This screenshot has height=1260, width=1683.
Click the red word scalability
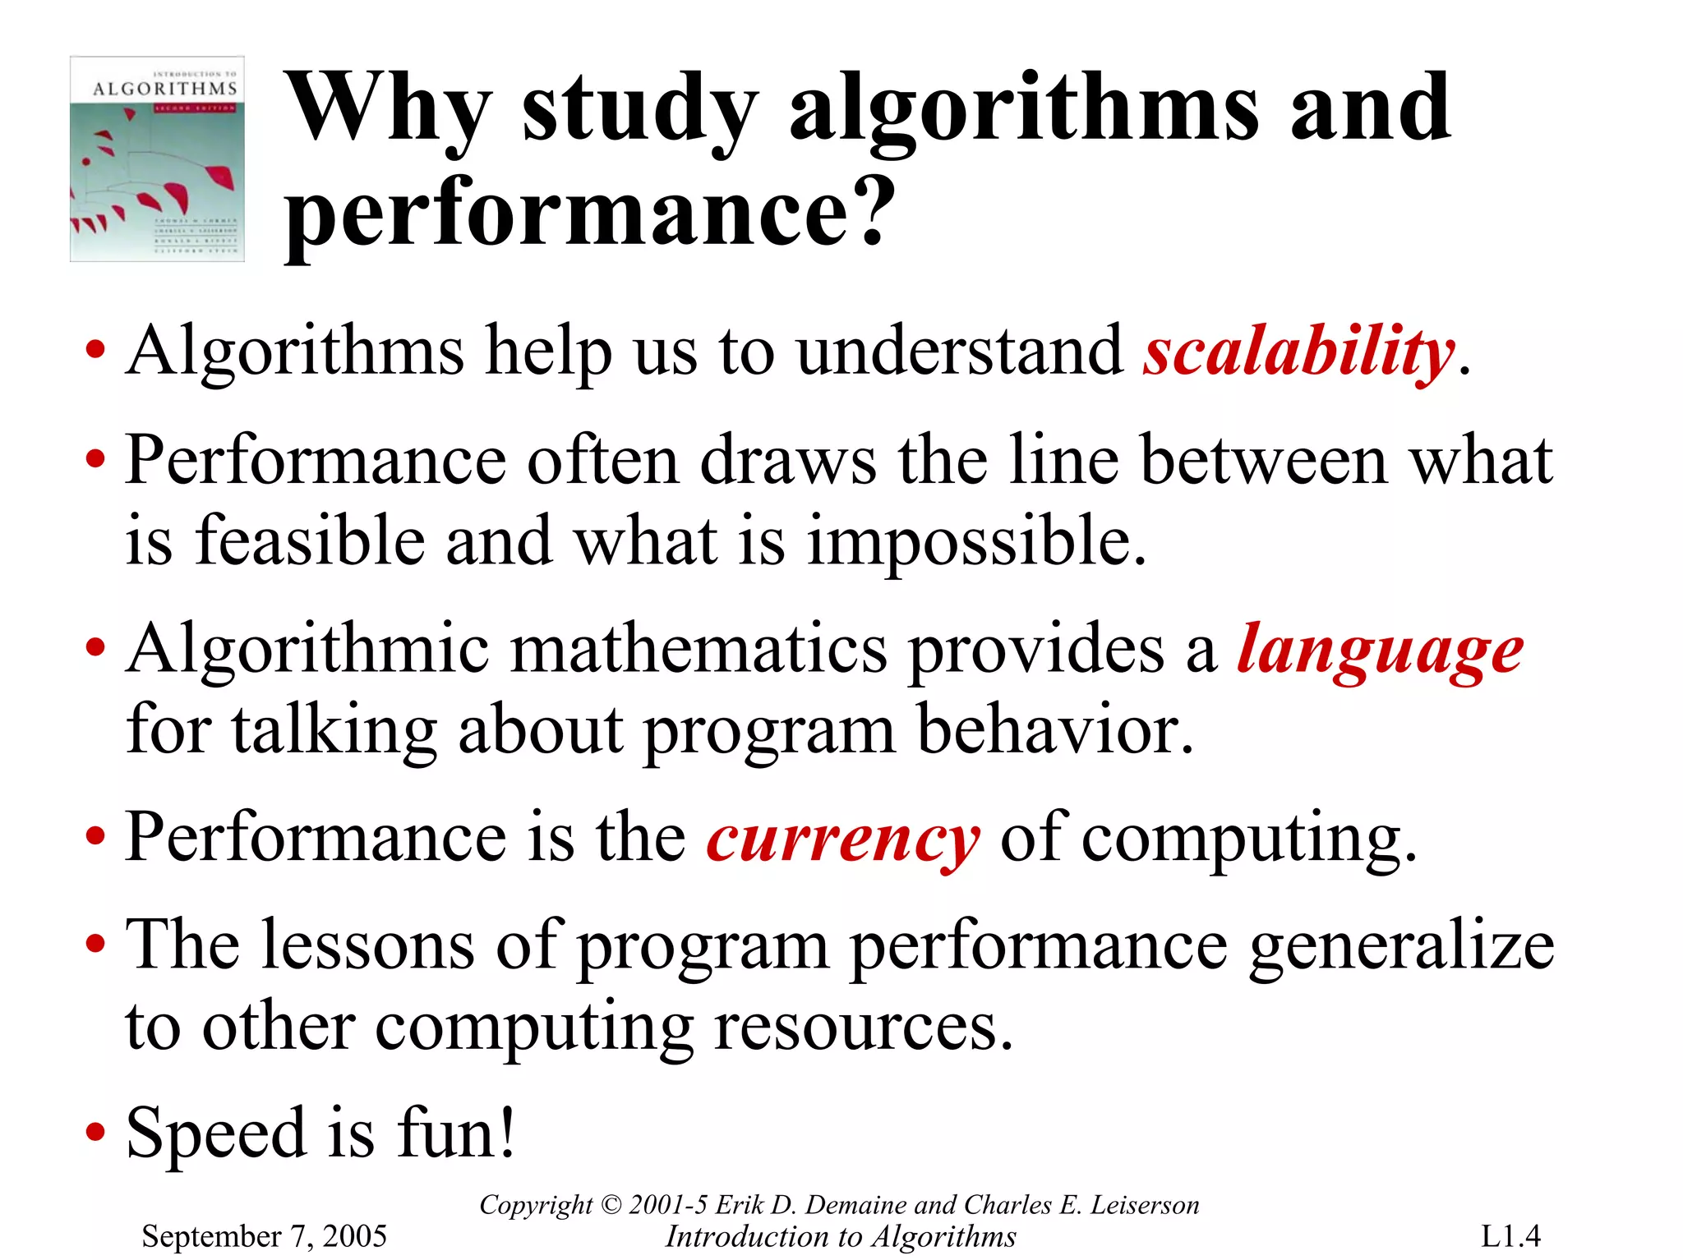[1298, 352]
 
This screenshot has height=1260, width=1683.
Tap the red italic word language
[1380, 651]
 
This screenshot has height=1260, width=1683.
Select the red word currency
[842, 839]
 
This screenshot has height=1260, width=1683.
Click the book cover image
[157, 159]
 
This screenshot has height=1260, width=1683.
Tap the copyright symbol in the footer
[611, 1205]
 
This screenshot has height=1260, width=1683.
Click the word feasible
[310, 542]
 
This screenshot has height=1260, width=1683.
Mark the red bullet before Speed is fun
[95, 1133]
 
